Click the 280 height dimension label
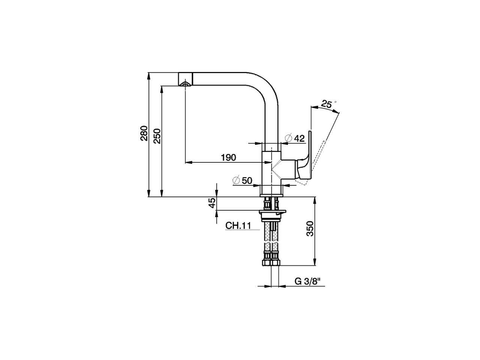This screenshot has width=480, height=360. click(x=144, y=135)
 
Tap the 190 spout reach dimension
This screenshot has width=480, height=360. click(x=228, y=157)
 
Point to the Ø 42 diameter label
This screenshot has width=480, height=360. click(x=295, y=138)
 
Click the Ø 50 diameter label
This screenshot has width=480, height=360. click(x=242, y=180)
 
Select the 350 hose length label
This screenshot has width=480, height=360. click(x=310, y=229)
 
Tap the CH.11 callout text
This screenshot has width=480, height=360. click(x=238, y=226)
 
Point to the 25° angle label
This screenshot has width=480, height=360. click(x=327, y=104)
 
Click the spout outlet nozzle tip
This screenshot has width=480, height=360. click(x=184, y=83)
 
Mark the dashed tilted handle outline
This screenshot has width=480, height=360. click(x=319, y=154)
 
